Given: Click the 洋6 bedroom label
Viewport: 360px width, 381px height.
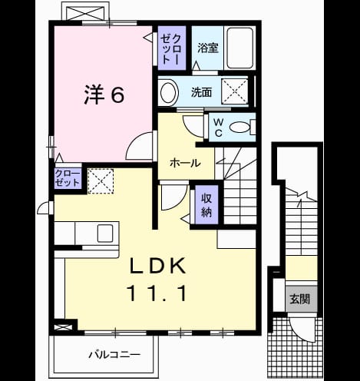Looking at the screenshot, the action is (104, 94).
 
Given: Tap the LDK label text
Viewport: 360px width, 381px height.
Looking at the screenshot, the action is (157, 266).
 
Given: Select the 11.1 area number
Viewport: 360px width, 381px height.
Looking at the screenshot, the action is (157, 293).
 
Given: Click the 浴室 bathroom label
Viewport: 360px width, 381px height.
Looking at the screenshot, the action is (208, 48).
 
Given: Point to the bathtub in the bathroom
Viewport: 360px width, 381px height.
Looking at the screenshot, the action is (239, 48).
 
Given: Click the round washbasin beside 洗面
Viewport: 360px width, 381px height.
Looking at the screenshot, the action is (169, 92).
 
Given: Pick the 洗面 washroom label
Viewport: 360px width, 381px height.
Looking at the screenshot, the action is (202, 92).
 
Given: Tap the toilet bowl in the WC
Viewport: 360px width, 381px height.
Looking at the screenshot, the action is (239, 128).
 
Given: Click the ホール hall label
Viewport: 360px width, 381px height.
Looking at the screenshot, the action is (185, 163).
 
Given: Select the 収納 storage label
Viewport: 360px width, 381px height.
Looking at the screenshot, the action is (206, 205).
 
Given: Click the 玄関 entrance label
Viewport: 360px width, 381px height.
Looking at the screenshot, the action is (300, 299).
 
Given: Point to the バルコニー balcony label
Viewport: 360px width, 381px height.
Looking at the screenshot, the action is (114, 355).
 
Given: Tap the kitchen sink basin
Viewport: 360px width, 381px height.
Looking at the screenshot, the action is (105, 233).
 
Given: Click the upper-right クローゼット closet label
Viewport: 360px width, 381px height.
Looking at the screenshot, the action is (171, 48).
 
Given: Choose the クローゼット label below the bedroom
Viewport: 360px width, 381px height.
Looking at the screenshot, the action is (68, 178).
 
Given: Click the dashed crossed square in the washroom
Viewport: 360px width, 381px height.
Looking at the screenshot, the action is (235, 91).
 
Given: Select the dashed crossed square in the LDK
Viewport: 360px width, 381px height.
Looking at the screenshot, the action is (101, 181).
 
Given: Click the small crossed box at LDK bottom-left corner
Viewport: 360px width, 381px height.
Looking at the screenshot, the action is (61, 327).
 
